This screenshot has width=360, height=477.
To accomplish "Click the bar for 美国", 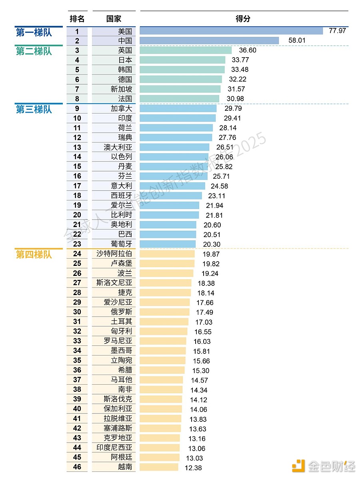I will (231, 31).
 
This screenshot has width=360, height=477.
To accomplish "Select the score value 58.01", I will (297, 40).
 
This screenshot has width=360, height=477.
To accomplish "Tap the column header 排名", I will (77, 19).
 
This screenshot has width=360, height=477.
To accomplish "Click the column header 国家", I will (114, 19).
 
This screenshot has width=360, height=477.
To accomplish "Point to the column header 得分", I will (243, 19).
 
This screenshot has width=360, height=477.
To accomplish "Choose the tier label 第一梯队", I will (34, 32).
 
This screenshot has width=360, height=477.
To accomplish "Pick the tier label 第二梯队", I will (34, 51).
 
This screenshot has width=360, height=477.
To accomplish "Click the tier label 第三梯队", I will (34, 110).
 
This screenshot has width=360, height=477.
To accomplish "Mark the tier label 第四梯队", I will (34, 255).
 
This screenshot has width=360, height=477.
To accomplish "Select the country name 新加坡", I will (121, 89).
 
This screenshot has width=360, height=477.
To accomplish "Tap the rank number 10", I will (77, 118).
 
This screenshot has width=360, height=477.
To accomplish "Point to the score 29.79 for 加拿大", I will (233, 108).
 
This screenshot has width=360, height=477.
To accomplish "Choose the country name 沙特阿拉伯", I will (114, 253).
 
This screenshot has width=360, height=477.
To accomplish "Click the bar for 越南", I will (159, 467).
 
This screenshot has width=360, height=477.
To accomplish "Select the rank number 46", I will (77, 467).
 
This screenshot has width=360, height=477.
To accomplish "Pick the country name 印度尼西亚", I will (114, 447).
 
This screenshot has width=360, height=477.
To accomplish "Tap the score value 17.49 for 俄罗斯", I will (204, 312).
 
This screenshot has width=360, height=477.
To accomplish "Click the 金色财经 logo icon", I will (298, 465).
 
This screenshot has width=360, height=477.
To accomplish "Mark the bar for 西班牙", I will (171, 196).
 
